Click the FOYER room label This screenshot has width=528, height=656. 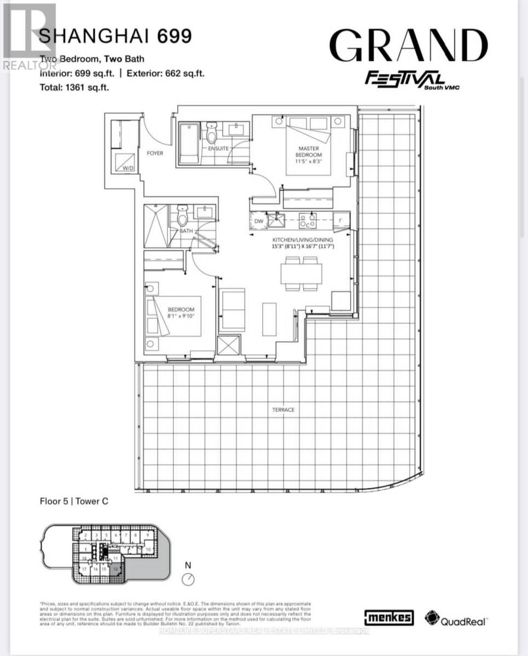[155, 154]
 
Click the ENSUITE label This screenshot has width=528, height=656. [218, 148]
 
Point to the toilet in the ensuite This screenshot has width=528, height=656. [212, 133]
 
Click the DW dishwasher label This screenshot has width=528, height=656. [259, 221]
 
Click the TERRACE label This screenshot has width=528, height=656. [285, 409]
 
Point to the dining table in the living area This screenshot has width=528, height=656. [301, 273]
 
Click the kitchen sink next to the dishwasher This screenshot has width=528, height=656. [275, 220]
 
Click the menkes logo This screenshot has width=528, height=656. [388, 618]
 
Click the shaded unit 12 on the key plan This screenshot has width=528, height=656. [115, 569]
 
